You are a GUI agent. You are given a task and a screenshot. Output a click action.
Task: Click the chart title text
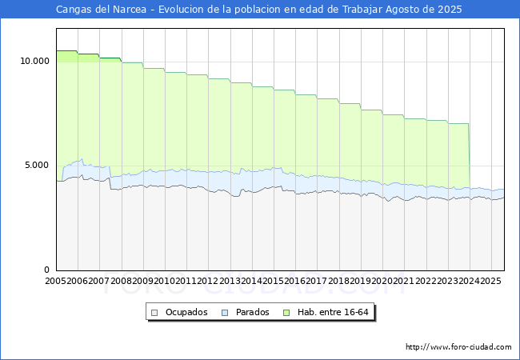[x=259, y=10]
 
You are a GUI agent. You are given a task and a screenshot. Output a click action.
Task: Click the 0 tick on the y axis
[x=47, y=270]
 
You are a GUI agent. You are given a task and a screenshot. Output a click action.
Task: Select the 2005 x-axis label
[x=56, y=281]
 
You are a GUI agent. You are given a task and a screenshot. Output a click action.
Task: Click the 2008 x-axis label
[x=122, y=281]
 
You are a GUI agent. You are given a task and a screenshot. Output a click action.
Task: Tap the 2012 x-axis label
[x=208, y=281]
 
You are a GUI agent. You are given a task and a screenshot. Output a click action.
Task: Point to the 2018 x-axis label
[x=338, y=281]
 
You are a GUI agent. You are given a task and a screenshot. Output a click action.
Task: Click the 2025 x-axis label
[x=490, y=281]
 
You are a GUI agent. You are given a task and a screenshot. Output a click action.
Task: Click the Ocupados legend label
[x=186, y=312]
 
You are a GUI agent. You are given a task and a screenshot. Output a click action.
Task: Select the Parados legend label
[x=252, y=312]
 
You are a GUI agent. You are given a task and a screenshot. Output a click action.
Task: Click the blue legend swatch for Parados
[x=226, y=312]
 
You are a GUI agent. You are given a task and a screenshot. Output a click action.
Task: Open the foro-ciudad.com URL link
[x=458, y=347]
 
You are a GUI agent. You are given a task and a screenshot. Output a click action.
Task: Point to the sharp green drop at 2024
[x=469, y=156]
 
